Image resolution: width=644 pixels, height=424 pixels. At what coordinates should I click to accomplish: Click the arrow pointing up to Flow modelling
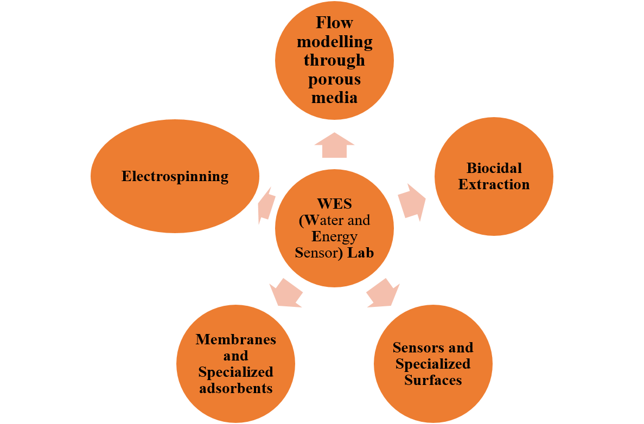coord(334,145)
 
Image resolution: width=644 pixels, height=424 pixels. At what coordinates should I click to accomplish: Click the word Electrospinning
coord(175,176)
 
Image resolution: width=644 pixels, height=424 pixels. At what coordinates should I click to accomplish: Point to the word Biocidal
coord(494,168)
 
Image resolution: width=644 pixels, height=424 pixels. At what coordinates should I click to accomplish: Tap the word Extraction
coord(494,184)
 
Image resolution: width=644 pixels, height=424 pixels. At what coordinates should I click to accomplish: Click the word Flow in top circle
coord(334,23)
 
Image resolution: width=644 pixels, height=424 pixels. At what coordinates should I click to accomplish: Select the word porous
coord(334,79)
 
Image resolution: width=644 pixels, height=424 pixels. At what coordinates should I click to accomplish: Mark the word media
coord(334,98)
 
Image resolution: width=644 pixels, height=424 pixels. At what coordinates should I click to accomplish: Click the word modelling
coord(334,41)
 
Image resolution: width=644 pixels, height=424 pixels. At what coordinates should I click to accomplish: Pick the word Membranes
coord(235,339)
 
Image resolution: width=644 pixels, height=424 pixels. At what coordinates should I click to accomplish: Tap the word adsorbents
coord(235,388)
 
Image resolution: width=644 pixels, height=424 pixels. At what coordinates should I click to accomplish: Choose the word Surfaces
coord(433,380)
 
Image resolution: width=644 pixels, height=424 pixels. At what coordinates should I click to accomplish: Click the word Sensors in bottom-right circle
coord(413,347)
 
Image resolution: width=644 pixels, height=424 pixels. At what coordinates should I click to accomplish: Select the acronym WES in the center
coord(334,204)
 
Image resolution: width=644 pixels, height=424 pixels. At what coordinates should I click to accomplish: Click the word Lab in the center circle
coord(361,253)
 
